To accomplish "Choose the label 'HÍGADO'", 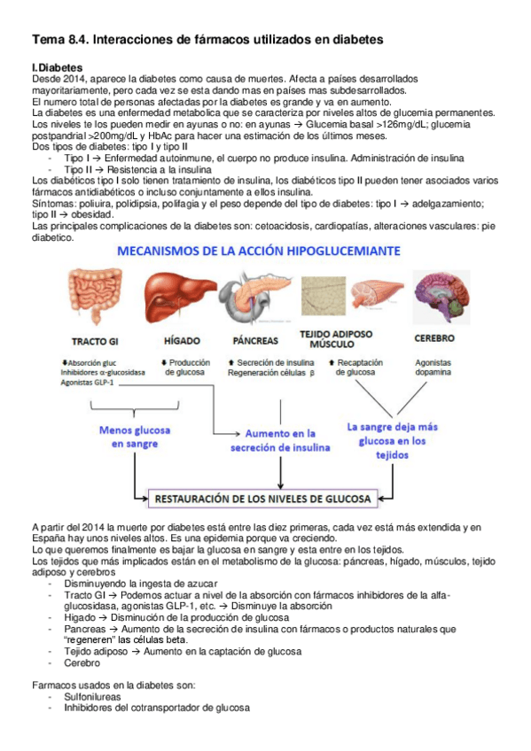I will tap(183, 341).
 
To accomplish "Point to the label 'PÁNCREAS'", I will tap(255, 341).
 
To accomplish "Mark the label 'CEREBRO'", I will tap(434, 338).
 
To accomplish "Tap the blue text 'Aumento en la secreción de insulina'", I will tap(280, 441).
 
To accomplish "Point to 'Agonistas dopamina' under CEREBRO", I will tap(433, 368).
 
